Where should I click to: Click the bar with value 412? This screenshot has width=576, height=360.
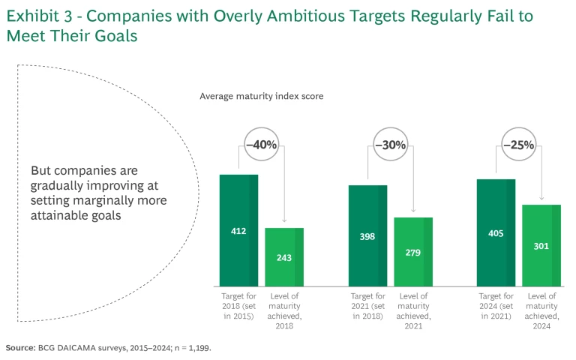tap(238, 231)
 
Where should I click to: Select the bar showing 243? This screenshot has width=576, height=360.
tap(284, 257)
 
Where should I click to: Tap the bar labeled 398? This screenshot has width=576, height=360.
tap(367, 236)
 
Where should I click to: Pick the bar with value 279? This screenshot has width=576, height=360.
tap(413, 252)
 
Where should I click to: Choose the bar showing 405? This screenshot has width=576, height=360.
tap(496, 233)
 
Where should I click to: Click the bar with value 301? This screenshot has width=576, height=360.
tap(541, 245)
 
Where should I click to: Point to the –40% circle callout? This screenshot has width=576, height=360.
tap(261, 144)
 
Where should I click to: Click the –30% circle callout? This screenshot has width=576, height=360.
tap(390, 144)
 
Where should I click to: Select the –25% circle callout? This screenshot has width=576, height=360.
tap(518, 144)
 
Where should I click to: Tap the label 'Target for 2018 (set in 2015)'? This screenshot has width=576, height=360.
tap(238, 306)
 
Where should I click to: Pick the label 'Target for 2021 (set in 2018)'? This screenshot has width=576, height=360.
tap(367, 306)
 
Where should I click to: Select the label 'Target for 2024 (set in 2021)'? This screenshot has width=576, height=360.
tap(496, 306)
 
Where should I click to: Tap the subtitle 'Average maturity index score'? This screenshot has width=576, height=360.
tap(261, 96)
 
